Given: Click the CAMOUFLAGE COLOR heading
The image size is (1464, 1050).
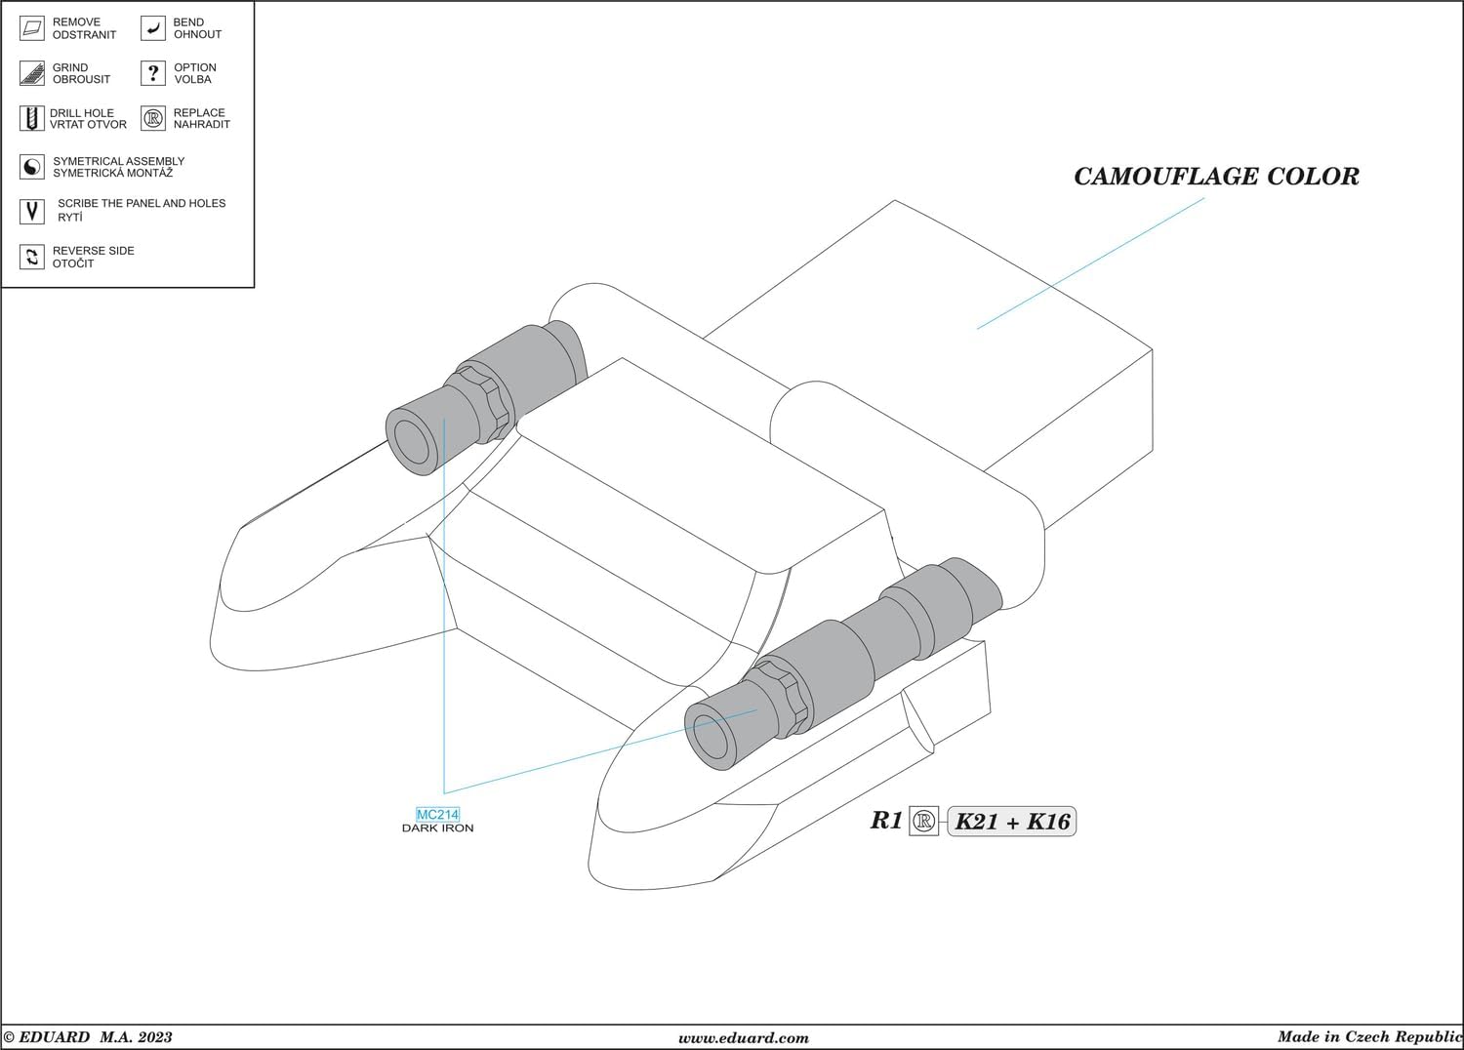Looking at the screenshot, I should (x=1216, y=177).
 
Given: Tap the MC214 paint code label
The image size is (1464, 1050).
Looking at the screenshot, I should (x=437, y=815).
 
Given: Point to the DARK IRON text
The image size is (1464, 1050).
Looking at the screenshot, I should (x=437, y=828).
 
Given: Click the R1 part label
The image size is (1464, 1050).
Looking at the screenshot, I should (x=886, y=821).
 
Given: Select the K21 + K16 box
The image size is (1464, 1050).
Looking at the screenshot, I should (x=1012, y=822).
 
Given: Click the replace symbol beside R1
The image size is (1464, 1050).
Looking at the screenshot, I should (x=923, y=822).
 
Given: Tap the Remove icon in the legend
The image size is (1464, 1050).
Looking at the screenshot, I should (x=32, y=28).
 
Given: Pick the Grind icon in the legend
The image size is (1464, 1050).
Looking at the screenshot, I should (x=32, y=73).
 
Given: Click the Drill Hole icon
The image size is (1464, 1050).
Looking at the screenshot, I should (x=32, y=119).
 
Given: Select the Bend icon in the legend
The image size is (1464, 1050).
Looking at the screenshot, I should (x=153, y=28).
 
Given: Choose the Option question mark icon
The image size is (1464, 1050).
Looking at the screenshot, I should (x=153, y=73).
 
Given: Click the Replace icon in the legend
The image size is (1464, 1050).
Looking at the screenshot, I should (x=153, y=119).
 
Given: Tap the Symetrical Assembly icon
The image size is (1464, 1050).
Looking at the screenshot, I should (x=32, y=167).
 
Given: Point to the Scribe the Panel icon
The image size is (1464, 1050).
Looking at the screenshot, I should (x=32, y=211).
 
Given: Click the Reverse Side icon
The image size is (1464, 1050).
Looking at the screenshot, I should (x=32, y=257).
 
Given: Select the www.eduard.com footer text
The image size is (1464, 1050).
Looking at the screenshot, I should (x=744, y=1038).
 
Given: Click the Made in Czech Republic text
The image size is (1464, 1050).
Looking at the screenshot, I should (x=1369, y=1037).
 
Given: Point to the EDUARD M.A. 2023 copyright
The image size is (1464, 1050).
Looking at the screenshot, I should (x=88, y=1037).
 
